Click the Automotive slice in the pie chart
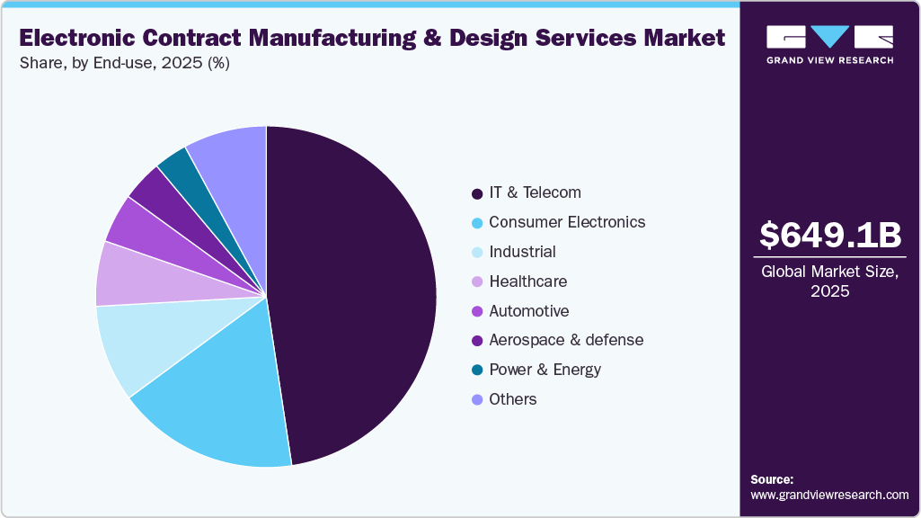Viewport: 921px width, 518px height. pyautogui.click(x=144, y=225)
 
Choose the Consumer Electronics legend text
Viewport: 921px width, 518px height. pyautogui.click(x=567, y=222)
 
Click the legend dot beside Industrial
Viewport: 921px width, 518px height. pyautogui.click(x=476, y=253)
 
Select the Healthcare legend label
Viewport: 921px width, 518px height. pyautogui.click(x=527, y=281)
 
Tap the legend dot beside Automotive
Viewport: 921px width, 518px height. pyautogui.click(x=476, y=311)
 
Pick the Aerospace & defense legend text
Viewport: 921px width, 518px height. pyautogui.click(x=566, y=340)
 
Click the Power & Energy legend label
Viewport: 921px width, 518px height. pyautogui.click(x=545, y=370)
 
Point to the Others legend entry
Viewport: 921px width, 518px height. pyautogui.click(x=512, y=399)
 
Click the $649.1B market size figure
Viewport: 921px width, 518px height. pyautogui.click(x=829, y=235)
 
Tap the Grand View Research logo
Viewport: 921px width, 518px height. pyautogui.click(x=829, y=44)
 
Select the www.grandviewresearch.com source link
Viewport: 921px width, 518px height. pyautogui.click(x=829, y=495)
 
